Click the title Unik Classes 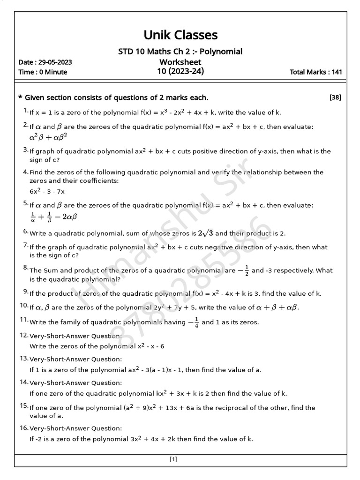tap(180, 35)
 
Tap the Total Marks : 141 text tap(316, 72)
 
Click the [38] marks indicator tap(335, 97)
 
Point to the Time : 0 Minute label tap(43, 72)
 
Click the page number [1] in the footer tap(173, 460)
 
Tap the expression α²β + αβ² tap(48, 137)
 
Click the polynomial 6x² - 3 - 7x tap(47, 191)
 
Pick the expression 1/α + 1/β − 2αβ tap(53, 217)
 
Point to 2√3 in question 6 tap(206, 233)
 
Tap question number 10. tap(24, 306)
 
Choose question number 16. tap(24, 428)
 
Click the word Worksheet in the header tap(180, 62)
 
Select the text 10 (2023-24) tap(180, 72)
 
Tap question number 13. tap(24, 359)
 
